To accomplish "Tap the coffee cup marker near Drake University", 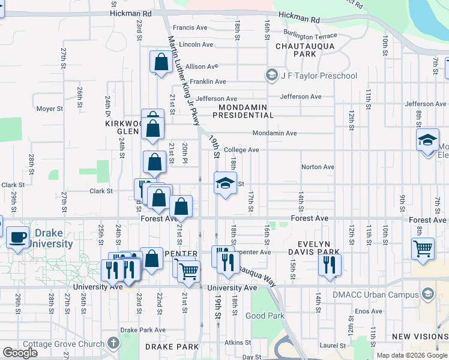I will [18, 237].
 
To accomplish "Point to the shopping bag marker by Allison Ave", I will [161, 62].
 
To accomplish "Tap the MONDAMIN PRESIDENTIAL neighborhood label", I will [243, 110].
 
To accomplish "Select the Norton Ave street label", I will [318, 167].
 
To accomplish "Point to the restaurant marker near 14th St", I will [329, 265].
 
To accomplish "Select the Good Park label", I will [264, 316].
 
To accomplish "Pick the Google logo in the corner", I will [20, 353].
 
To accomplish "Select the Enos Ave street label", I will [368, 311].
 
